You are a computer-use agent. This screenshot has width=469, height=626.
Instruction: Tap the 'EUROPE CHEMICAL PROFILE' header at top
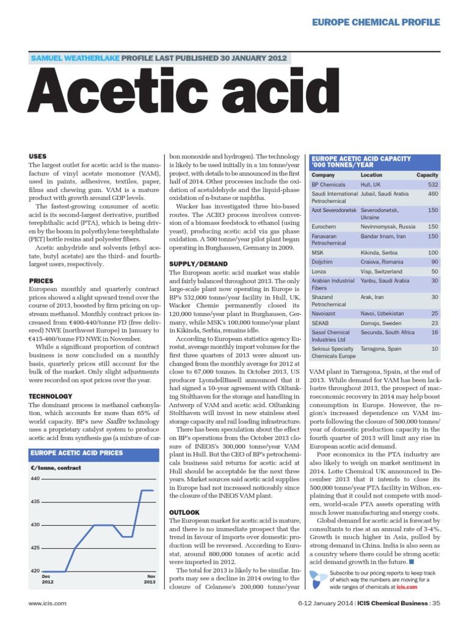pos(377,23)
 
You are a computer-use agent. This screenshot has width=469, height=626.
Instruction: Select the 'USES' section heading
pos(38,156)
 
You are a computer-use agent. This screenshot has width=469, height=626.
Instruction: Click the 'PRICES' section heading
pos(41,281)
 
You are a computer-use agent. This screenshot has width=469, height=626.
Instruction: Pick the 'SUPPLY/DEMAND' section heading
pos(194,264)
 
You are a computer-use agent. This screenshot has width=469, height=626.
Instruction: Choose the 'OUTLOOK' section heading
pos(183,511)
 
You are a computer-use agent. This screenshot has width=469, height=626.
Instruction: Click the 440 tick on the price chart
pos(35,478)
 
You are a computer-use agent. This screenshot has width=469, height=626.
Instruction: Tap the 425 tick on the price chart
pos(35,548)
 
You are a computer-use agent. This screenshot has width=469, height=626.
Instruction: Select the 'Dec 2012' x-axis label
pos(46,579)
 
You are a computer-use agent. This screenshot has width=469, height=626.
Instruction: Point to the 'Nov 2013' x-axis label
pos(150,579)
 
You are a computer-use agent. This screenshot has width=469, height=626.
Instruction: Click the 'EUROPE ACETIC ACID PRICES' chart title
pos(77,453)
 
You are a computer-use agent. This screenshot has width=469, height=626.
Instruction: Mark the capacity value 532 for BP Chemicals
pos(432,184)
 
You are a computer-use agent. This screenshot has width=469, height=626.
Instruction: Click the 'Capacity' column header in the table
pos(427,175)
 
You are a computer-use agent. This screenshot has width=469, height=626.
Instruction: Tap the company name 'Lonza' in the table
pos(319,271)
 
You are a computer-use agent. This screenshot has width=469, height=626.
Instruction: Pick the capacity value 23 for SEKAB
pos(434,323)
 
